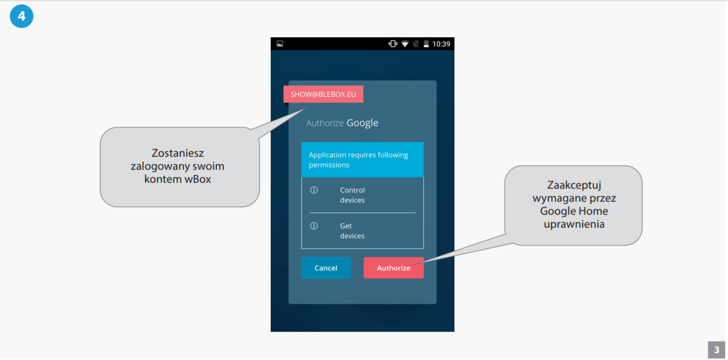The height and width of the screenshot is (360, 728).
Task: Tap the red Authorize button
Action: (x=394, y=268)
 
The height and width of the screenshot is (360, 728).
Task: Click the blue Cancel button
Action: (x=326, y=268)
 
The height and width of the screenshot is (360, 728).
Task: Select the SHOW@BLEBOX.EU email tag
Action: (x=323, y=95)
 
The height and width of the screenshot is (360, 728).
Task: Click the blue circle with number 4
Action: (x=21, y=16)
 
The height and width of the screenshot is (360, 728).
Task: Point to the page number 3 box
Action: (x=716, y=349)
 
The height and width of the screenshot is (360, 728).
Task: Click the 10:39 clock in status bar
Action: (x=441, y=44)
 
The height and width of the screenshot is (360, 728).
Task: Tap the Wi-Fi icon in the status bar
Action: (x=405, y=44)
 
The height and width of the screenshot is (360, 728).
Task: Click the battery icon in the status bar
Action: (x=426, y=44)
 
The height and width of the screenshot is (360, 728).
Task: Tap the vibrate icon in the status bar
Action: (x=392, y=44)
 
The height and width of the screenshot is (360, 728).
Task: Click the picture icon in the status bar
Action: (x=280, y=44)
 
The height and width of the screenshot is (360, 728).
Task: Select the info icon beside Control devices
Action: (x=314, y=190)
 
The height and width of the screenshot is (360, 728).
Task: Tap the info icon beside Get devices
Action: (x=314, y=226)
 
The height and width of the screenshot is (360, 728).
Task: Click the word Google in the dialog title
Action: (x=362, y=124)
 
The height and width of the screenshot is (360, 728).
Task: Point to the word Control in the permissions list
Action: (x=352, y=190)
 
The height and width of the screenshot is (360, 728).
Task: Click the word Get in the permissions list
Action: (x=346, y=226)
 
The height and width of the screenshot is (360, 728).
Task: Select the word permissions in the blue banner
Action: (x=329, y=165)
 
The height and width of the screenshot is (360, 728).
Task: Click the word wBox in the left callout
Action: (x=197, y=179)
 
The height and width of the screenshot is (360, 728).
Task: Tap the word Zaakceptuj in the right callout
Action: (x=574, y=186)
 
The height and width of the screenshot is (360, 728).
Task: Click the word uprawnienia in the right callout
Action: (x=574, y=225)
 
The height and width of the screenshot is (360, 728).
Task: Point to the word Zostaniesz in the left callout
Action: (x=177, y=153)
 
